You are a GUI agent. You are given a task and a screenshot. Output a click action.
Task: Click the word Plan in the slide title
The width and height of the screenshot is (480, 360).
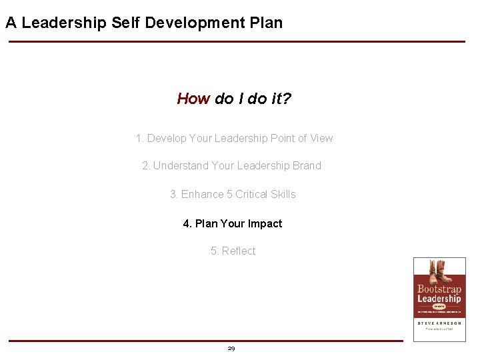265,23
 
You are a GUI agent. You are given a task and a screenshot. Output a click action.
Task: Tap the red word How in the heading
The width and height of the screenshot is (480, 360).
193,99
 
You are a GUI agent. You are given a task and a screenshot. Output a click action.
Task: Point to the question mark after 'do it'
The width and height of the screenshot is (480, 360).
287,99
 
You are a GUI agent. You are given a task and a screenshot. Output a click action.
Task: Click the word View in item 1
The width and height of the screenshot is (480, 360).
321,139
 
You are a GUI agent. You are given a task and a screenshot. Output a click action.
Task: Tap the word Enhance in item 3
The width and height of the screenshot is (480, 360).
203,195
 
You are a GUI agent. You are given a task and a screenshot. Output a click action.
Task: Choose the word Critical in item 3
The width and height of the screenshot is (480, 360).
252,195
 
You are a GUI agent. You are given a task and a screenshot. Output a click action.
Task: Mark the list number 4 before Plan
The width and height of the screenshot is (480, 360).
187,224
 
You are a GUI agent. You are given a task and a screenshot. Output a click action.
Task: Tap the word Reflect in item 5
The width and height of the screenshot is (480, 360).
239,251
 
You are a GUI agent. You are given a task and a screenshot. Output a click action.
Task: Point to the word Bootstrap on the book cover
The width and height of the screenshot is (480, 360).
439,289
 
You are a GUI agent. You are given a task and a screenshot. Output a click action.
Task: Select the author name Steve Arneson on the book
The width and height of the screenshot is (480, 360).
439,323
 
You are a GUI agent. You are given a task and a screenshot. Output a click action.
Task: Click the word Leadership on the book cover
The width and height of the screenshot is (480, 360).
439,299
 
